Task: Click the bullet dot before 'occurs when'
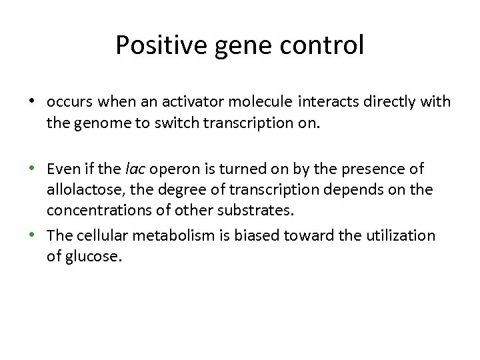coord(31,102)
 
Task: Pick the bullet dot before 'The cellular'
coord(31,235)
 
